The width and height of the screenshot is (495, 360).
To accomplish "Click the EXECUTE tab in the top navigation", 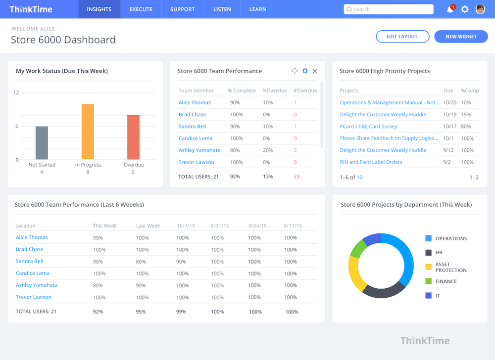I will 141,9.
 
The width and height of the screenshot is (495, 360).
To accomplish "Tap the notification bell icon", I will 450,9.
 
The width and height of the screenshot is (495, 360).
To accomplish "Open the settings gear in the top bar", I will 465,9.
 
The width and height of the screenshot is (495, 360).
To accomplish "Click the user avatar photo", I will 480,9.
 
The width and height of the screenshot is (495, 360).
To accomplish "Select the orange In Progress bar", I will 88,132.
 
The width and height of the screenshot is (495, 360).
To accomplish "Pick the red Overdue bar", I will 133,137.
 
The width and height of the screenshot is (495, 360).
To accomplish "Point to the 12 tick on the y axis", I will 16,92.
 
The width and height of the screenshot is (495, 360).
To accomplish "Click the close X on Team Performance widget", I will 315,71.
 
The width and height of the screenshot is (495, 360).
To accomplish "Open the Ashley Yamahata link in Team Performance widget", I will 199,150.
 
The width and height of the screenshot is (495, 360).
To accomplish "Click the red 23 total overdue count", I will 297,177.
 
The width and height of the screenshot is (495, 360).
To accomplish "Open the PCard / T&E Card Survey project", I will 368,127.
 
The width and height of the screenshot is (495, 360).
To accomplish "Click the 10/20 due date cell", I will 449,103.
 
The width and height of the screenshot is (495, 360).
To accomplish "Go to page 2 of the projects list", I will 477,177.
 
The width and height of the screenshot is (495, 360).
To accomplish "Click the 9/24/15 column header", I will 257,226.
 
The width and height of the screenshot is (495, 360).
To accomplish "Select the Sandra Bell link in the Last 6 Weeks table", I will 30,261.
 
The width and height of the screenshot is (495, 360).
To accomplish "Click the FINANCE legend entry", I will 446,281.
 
